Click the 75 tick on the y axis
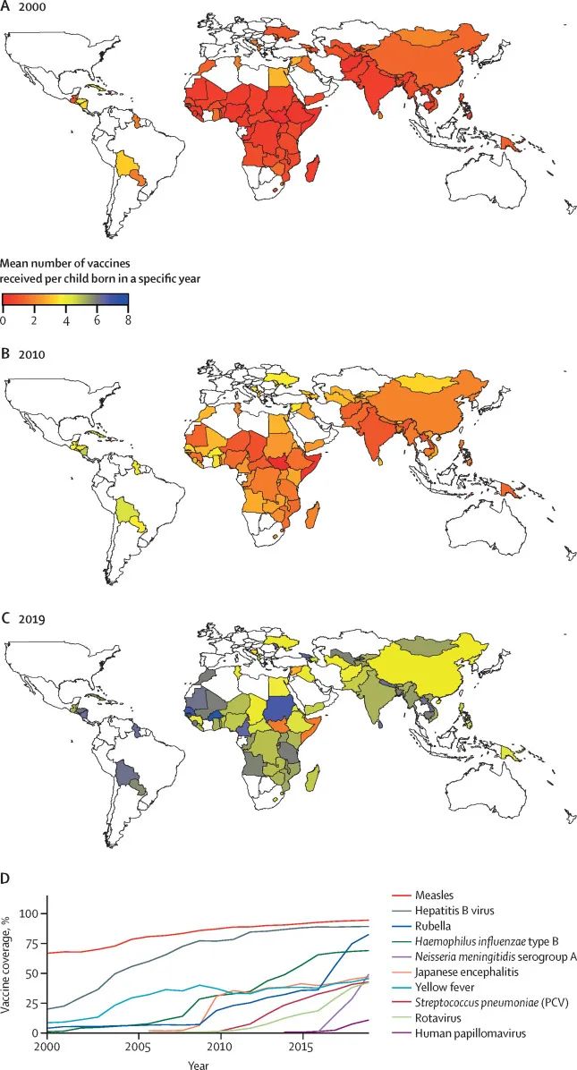click(x=34, y=943)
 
